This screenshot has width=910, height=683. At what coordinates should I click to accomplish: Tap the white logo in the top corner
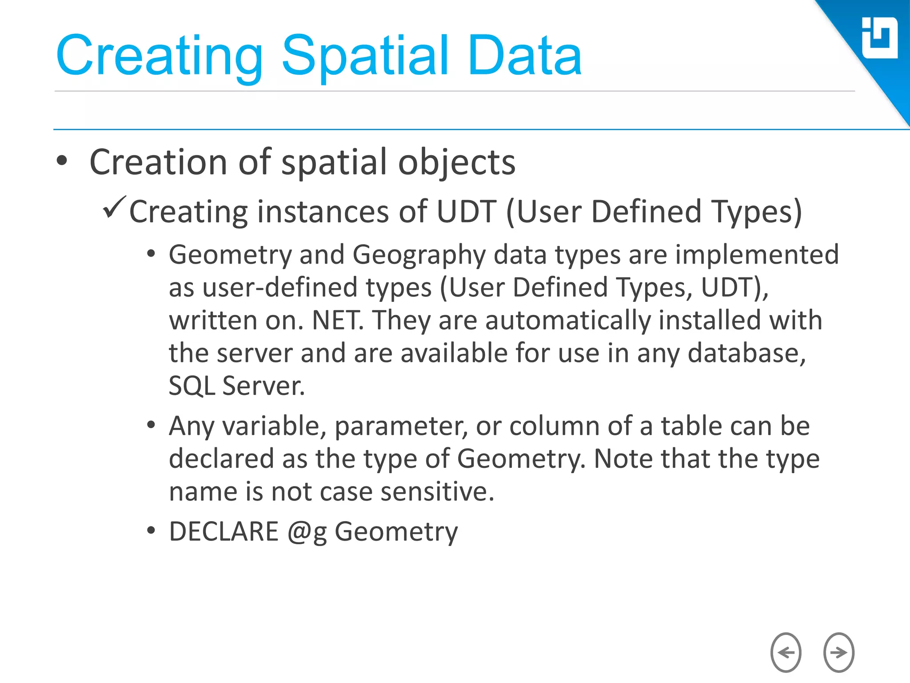pos(879,38)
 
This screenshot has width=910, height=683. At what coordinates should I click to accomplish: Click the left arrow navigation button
pos(786,652)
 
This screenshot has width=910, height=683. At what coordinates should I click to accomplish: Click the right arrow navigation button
pos(838,652)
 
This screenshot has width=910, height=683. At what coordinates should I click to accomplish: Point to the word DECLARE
pos(224,531)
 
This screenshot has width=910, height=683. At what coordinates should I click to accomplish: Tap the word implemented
pos(757,256)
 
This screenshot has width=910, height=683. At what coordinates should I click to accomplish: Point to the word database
pos(746,354)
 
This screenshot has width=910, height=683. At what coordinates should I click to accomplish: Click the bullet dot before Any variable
pos(151,425)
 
